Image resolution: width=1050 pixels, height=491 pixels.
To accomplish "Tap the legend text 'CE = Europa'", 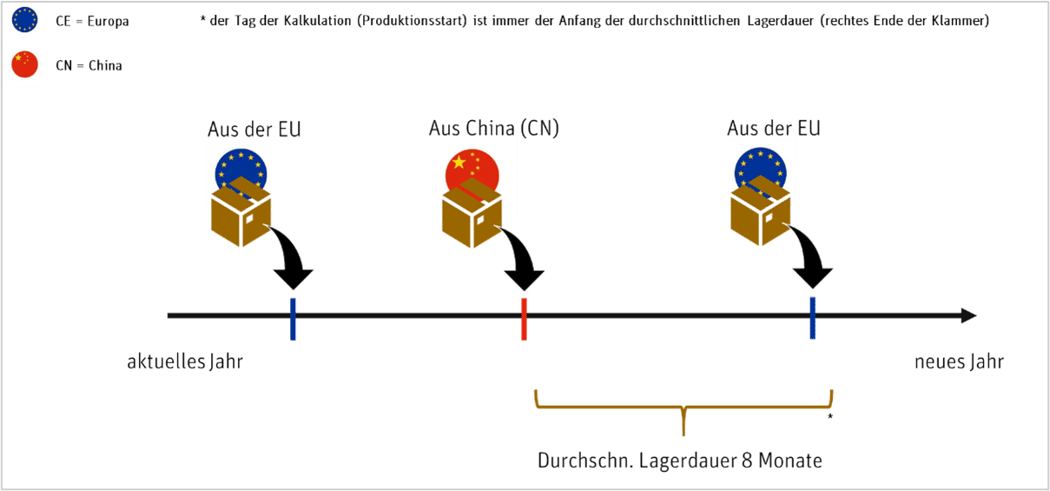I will (98, 21).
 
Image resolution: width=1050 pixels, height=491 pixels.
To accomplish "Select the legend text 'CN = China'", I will (95, 66).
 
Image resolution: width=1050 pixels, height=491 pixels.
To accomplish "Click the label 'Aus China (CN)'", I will (493, 129).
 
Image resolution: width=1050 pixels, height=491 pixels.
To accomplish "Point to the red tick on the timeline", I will (524, 319).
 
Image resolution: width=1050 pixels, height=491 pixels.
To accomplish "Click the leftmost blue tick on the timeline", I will (294, 319).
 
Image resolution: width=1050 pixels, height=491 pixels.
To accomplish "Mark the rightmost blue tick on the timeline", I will (812, 317).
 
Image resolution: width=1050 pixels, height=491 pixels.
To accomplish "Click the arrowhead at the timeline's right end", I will (968, 315).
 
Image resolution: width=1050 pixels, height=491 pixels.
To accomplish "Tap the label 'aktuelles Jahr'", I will (185, 362).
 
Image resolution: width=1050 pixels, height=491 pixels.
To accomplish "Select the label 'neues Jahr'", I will (959, 362).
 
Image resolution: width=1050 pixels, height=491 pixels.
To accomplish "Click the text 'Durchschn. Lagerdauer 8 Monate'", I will (679, 461).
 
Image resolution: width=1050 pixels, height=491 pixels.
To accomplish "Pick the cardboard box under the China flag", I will (471, 218).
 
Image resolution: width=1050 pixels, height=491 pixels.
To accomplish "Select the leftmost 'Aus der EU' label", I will (254, 129).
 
